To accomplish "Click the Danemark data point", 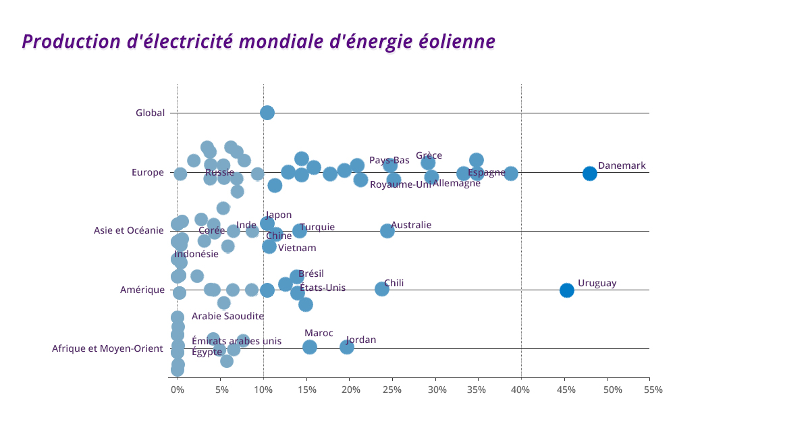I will [589, 174].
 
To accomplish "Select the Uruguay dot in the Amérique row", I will [566, 290].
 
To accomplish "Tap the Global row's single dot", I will [267, 113].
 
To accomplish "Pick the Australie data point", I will [387, 231].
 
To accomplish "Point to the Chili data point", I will [381, 289].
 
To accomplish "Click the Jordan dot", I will [346, 347].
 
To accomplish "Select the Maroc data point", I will [309, 347].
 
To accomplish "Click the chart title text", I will [259, 42].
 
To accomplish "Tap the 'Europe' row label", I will [148, 173].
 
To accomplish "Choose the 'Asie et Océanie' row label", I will [129, 231].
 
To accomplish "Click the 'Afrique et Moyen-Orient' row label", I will [107, 349].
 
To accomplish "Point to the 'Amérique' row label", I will [142, 290].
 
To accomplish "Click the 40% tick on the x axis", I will [520, 390].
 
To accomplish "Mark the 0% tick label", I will [177, 390].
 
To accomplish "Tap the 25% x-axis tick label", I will [392, 390].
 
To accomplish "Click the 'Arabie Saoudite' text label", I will [227, 316].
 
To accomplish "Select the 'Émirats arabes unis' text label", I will [236, 341].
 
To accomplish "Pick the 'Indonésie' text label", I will [196, 255].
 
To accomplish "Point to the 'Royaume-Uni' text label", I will [400, 184].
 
